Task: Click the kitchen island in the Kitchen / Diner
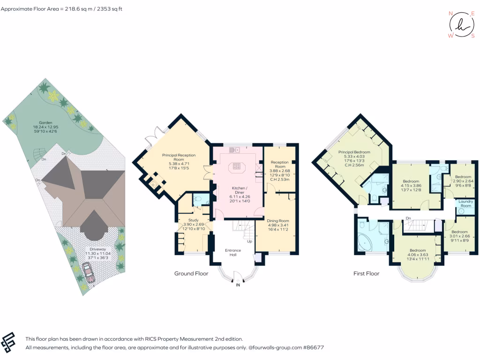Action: [x=237, y=167]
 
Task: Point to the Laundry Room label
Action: [x=465, y=204]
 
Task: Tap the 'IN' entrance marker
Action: [x=238, y=285]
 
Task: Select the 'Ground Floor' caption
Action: [x=191, y=273]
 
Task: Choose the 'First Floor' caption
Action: [x=366, y=273]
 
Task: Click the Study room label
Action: [x=193, y=220]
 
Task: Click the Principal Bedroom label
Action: [x=355, y=152]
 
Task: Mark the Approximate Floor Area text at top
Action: [x=60, y=9]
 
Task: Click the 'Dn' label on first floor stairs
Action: [x=408, y=218]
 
